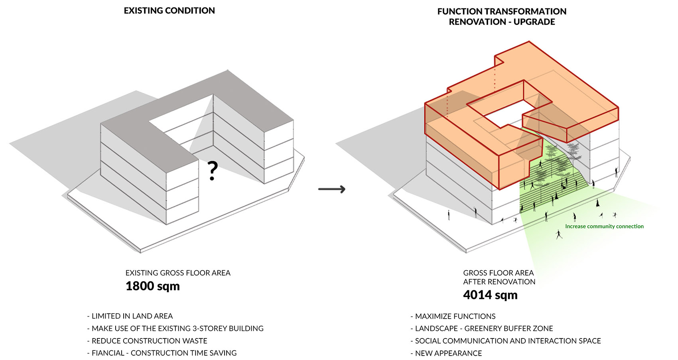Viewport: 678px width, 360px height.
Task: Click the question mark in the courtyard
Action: (213, 171)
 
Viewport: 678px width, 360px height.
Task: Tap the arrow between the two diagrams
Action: (331, 189)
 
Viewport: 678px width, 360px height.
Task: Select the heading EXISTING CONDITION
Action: (169, 11)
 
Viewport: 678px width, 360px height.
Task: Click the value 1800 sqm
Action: (152, 286)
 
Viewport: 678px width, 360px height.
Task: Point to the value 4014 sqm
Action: (490, 295)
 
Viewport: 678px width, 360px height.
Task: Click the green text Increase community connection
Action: (604, 226)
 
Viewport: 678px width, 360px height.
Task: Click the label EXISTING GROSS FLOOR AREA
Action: (178, 273)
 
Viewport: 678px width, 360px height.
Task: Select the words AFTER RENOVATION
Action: (499, 282)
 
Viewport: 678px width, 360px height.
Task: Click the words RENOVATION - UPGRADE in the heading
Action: (502, 22)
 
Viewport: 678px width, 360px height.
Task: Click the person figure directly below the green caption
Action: (559, 234)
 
